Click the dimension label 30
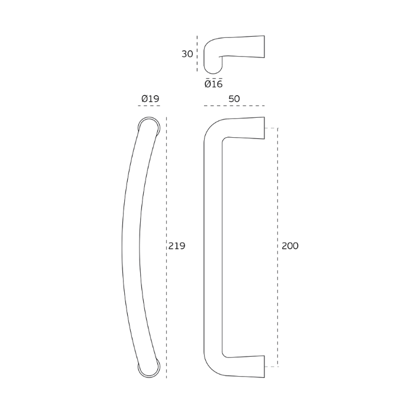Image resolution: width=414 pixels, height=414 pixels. [187, 54]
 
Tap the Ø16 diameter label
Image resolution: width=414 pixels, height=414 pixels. [214, 84]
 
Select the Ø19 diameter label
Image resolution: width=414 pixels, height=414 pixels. [150, 99]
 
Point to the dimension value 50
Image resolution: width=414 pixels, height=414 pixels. [234, 99]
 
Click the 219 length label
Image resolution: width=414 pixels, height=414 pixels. [177, 246]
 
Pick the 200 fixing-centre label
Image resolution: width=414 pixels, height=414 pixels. [290, 246]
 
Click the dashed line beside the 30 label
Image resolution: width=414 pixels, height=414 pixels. [197, 54]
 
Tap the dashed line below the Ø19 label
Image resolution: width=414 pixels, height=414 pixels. [149, 106]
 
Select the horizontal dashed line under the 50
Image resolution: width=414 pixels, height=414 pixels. [234, 106]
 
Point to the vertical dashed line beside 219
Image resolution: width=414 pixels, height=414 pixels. [166, 247]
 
